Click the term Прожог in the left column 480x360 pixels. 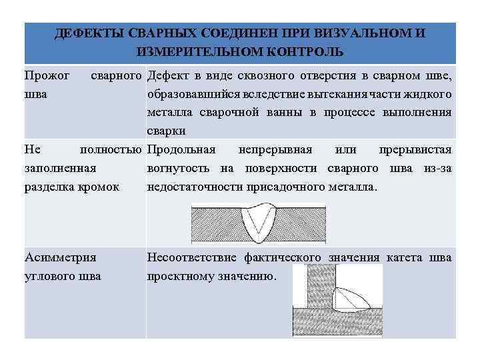(x=47, y=75)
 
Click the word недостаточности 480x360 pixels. (x=199, y=187)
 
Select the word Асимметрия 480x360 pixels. (x=60, y=257)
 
